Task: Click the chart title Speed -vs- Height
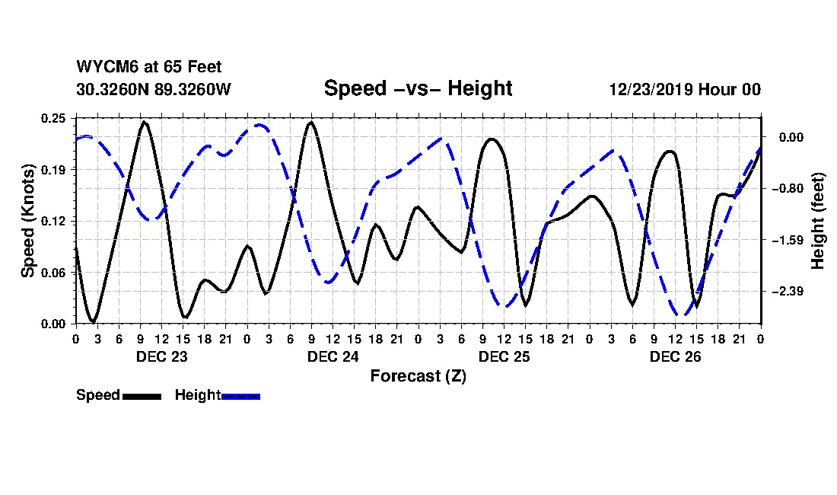tap(418, 89)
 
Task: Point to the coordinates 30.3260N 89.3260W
tap(153, 90)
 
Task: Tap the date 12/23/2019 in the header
tap(651, 90)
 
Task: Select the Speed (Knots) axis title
tap(28, 220)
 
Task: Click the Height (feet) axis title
tap(819, 221)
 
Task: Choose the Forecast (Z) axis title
tap(418, 375)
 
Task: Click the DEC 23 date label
tap(161, 356)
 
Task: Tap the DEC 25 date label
tap(504, 356)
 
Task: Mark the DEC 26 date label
tap(675, 356)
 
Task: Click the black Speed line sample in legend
tap(142, 396)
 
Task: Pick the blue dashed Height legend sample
tap(240, 396)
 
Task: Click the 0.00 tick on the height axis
tap(791, 138)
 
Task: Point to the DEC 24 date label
tap(333, 356)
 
